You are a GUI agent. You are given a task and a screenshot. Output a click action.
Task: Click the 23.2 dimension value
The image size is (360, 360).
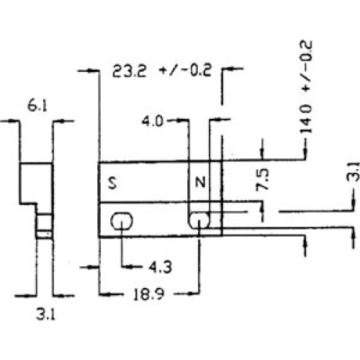click(x=129, y=71)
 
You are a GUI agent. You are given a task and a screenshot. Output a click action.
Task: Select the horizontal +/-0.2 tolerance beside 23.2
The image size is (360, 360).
click(x=186, y=70)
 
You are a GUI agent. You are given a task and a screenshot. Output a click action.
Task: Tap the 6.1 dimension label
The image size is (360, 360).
click(x=37, y=106)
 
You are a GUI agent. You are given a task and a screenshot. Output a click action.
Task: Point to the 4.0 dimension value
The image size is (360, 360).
click(x=153, y=121)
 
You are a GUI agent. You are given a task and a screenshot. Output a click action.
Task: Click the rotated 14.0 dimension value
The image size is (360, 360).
click(x=306, y=119)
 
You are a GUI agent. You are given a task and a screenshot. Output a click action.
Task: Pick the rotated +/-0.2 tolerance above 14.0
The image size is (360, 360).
click(x=306, y=66)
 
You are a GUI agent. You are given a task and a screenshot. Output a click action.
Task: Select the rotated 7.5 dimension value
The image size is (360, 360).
click(x=262, y=180)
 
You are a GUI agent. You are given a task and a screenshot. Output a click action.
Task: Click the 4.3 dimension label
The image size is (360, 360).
click(x=160, y=267)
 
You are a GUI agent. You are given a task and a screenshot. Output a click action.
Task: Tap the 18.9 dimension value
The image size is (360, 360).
click(x=149, y=294)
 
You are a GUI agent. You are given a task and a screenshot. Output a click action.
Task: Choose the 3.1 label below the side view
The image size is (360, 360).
click(x=45, y=314)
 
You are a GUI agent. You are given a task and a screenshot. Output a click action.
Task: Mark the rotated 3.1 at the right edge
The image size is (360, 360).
click(x=354, y=171)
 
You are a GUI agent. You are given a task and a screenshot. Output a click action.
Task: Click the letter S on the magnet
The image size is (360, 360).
click(x=112, y=182)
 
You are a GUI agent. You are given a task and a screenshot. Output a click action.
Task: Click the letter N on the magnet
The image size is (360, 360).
click(x=200, y=182)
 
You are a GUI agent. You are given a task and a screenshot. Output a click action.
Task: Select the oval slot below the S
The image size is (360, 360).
click(x=122, y=221)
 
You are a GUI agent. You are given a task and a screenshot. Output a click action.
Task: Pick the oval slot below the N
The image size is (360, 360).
click(x=199, y=220)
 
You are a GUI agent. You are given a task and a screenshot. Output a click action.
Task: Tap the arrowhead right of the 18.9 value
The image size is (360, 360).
click(x=194, y=293)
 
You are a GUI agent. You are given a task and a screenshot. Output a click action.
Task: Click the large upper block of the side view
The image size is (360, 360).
click(x=36, y=183)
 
